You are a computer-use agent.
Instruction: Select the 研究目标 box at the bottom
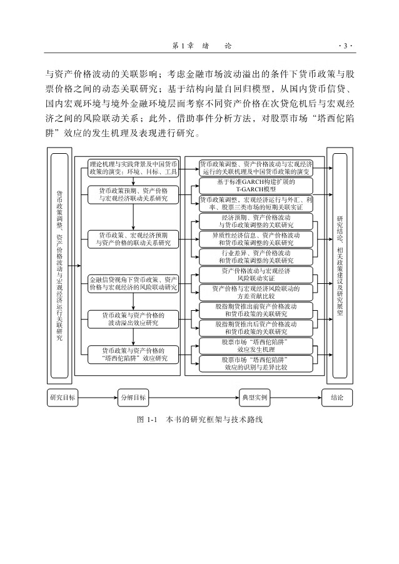point(63,397)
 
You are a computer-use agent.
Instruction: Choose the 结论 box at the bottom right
point(336,397)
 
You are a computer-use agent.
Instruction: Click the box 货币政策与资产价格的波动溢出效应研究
point(133,319)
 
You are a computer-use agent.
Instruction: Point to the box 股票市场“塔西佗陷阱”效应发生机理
point(255,346)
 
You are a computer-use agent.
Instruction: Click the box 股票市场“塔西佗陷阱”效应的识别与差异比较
point(255,364)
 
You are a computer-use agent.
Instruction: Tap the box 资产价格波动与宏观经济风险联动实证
point(255,274)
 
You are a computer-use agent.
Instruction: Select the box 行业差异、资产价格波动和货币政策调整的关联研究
point(255,256)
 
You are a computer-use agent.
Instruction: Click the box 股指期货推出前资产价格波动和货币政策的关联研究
point(255,310)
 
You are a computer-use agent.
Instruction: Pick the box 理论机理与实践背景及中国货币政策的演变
point(133,167)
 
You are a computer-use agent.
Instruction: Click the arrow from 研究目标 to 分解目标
point(97,397)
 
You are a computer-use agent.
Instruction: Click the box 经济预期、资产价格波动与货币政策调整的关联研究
point(255,220)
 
